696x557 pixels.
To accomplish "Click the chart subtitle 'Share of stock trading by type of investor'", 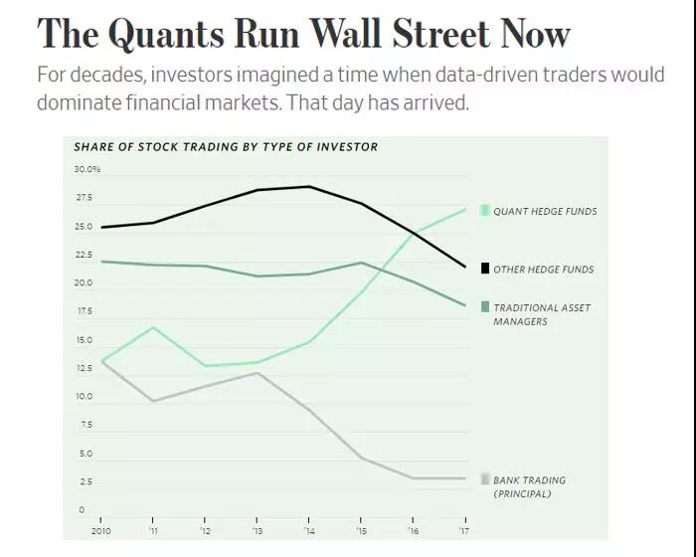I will pyautogui.click(x=226, y=147).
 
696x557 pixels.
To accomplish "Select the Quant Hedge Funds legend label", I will pyautogui.click(x=545, y=211).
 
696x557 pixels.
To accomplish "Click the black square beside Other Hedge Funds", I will pyautogui.click(x=485, y=269).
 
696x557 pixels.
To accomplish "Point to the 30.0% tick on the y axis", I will pyautogui.click(x=87, y=170).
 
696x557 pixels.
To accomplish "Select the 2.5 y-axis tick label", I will pyautogui.click(x=85, y=481).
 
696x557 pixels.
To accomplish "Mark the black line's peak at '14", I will pyautogui.click(x=309, y=187).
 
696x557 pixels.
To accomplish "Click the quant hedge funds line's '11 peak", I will pyautogui.click(x=153, y=327).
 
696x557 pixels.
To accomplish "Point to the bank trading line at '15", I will pyautogui.click(x=361, y=458).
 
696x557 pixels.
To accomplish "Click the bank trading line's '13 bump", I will pyautogui.click(x=257, y=373).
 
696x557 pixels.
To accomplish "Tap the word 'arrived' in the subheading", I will pyautogui.click(x=435, y=102).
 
